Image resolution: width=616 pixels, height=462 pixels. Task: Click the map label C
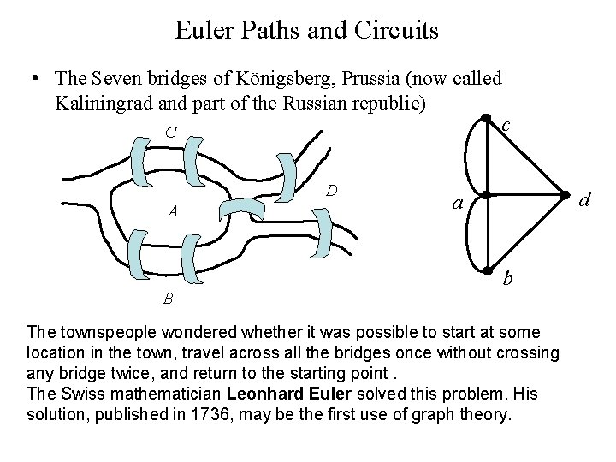pyautogui.click(x=171, y=133)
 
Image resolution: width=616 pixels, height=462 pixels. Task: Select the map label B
pyautogui.click(x=169, y=298)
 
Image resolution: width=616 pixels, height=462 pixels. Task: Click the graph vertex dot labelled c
pyautogui.click(x=486, y=118)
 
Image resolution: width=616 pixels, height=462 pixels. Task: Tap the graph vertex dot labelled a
pyautogui.click(x=486, y=193)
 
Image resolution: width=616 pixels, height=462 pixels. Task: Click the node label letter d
pyautogui.click(x=585, y=201)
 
